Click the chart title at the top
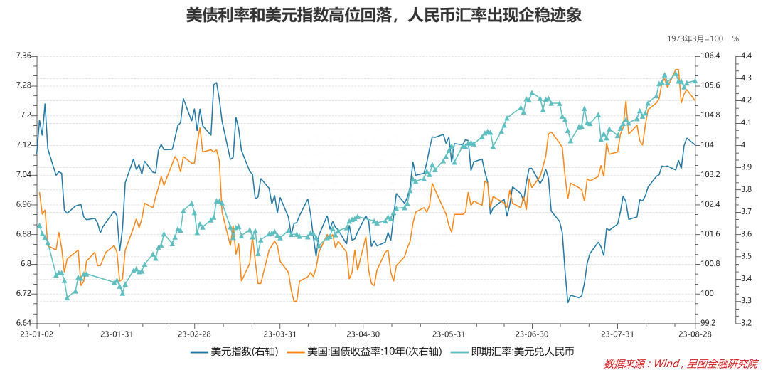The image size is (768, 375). click(383, 16)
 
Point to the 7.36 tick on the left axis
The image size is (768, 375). click(23, 56)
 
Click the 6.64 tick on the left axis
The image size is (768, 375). click(23, 323)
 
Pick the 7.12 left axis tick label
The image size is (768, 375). click(23, 145)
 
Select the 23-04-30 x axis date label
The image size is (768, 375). click(363, 333)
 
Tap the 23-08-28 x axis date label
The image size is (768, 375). click(694, 333)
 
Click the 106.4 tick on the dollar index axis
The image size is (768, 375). click(710, 56)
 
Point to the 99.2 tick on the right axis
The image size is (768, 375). click(708, 323)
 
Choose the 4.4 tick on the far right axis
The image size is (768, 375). click(746, 56)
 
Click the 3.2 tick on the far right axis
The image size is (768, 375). click(746, 323)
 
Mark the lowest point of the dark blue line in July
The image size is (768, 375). click(567, 302)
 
